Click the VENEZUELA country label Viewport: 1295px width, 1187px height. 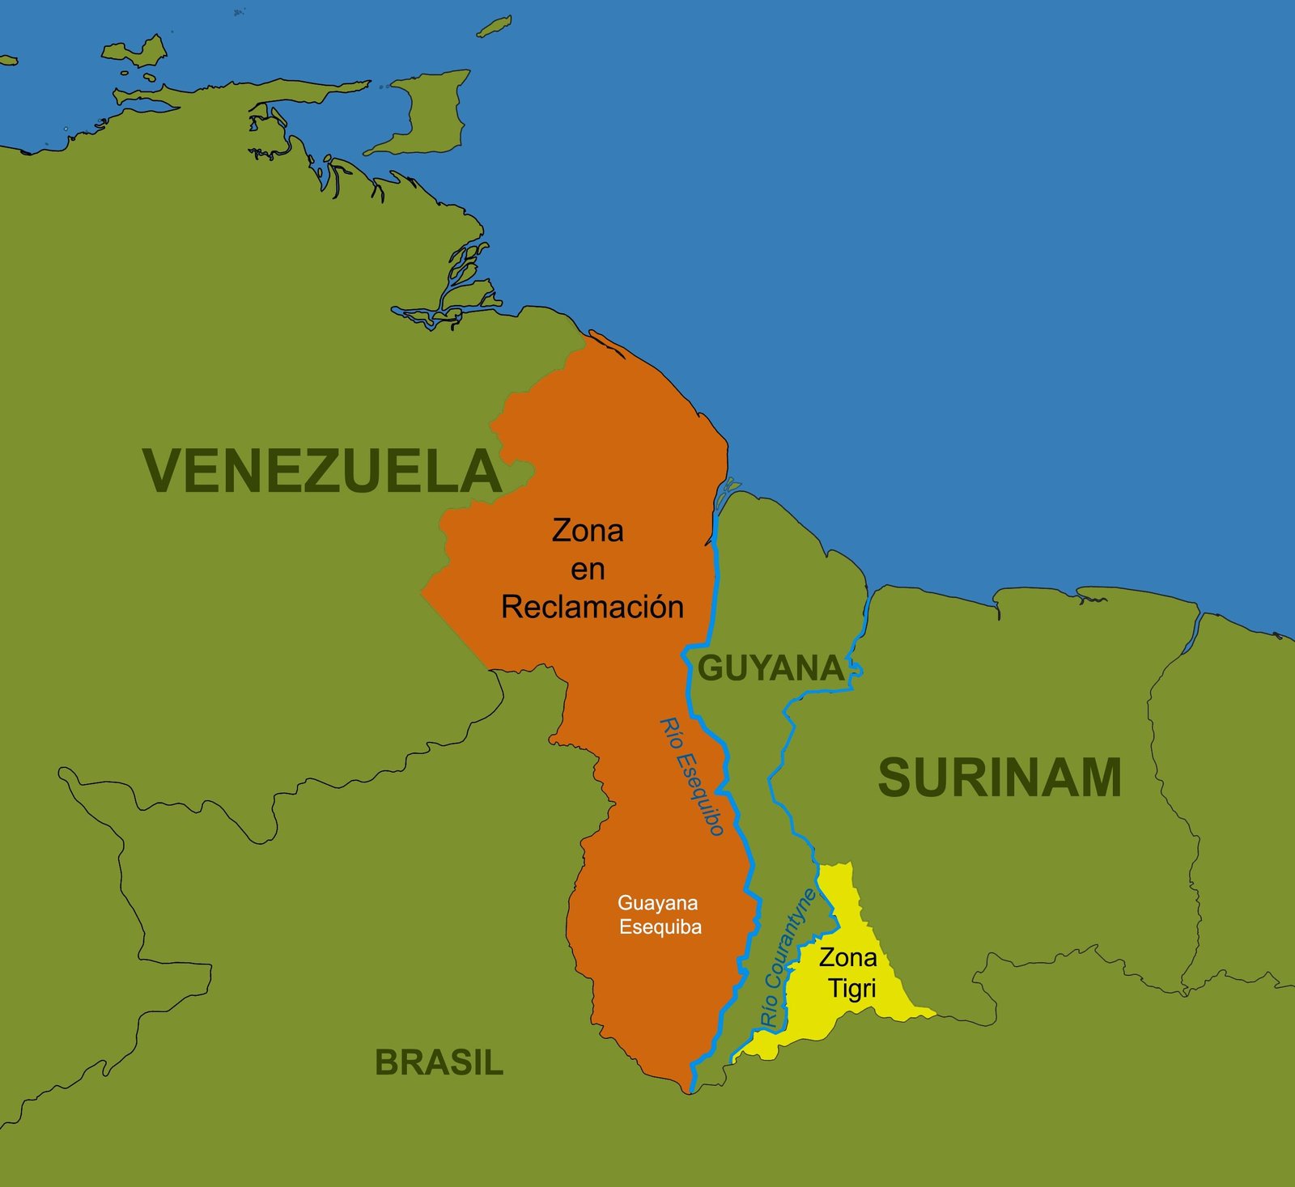coord(322,471)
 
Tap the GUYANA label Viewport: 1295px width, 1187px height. coord(771,668)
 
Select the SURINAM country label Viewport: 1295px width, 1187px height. coord(1000,778)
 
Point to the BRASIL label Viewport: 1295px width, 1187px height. coord(439,1062)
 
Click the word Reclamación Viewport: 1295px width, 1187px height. coord(592,607)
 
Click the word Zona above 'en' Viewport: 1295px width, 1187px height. coord(588,531)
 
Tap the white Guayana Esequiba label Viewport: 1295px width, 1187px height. coord(659,915)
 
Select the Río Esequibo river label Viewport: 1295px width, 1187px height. coord(692,776)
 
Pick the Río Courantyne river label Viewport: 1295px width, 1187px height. coord(788,958)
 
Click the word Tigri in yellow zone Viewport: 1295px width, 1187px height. coord(852,989)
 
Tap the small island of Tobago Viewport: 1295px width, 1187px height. coord(494,27)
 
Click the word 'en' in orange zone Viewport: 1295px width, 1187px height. coord(588,570)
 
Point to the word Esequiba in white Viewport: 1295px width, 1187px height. coord(660,927)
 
